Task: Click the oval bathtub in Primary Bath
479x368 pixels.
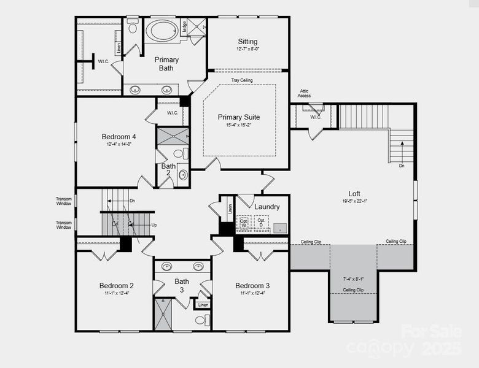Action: click(x=162, y=31)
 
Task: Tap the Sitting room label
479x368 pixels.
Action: click(x=248, y=42)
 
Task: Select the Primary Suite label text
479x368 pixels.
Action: click(x=239, y=117)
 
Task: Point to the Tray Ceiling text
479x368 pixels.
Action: click(x=242, y=80)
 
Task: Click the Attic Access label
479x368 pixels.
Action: click(x=304, y=93)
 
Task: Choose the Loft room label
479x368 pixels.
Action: click(x=354, y=193)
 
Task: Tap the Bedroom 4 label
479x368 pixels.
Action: click(x=119, y=137)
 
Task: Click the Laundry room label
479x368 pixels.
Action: click(x=267, y=207)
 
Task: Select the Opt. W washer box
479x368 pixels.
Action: click(x=244, y=224)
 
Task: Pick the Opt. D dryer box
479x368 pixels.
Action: click(x=262, y=224)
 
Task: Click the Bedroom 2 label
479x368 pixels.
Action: click(x=117, y=286)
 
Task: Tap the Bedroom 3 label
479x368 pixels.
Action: click(x=252, y=286)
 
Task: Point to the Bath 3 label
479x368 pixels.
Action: click(x=182, y=285)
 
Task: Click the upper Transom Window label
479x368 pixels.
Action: click(x=64, y=201)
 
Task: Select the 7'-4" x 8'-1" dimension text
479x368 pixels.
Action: click(x=353, y=279)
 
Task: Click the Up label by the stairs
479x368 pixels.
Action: click(x=154, y=225)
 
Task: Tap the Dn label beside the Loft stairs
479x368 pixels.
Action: click(x=402, y=166)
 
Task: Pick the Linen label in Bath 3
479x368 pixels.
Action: click(x=203, y=304)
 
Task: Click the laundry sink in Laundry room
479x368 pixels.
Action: click(x=279, y=228)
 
